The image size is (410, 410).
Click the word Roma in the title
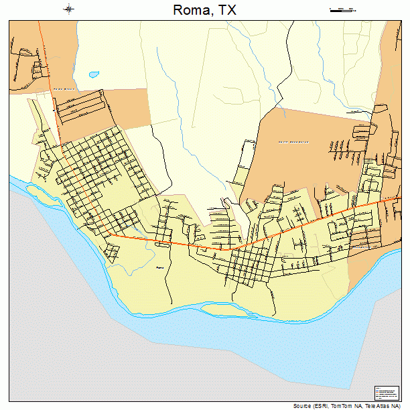[189, 10]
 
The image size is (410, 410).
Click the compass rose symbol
[69, 9]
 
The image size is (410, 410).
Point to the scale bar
[342, 9]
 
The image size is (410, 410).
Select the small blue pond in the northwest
[93, 75]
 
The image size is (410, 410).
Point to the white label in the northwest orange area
[64, 88]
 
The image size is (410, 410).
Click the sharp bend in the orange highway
[234, 248]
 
